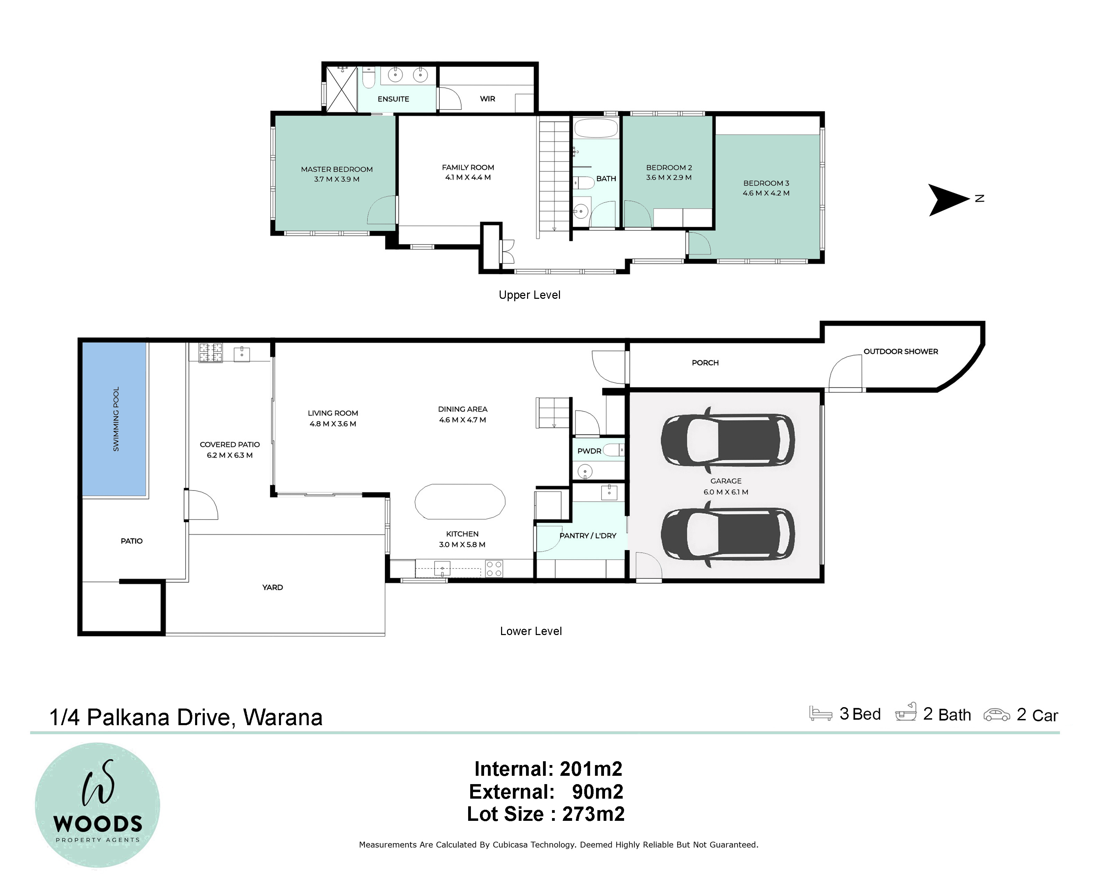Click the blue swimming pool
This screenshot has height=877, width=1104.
click(115, 419)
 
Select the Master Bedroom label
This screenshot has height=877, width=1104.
click(336, 169)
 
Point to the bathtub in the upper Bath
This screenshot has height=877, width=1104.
click(596, 128)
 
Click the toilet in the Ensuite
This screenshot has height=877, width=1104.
click(369, 78)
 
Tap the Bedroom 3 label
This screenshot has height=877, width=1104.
click(766, 183)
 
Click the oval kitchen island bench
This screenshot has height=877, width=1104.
click(460, 502)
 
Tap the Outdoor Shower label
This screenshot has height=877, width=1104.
click(901, 351)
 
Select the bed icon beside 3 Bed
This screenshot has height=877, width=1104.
click(820, 714)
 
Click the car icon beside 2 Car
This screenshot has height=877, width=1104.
click(997, 715)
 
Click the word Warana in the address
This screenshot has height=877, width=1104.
click(283, 718)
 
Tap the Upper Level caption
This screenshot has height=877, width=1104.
click(529, 295)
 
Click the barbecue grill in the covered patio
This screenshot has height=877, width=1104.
click(210, 353)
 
